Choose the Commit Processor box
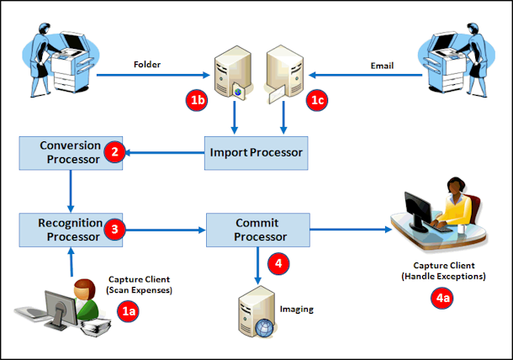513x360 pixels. (258, 228)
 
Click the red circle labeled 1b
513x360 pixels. (196, 101)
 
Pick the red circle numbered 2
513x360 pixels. (114, 153)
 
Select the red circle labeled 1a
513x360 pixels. (127, 311)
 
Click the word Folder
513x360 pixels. (147, 65)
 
